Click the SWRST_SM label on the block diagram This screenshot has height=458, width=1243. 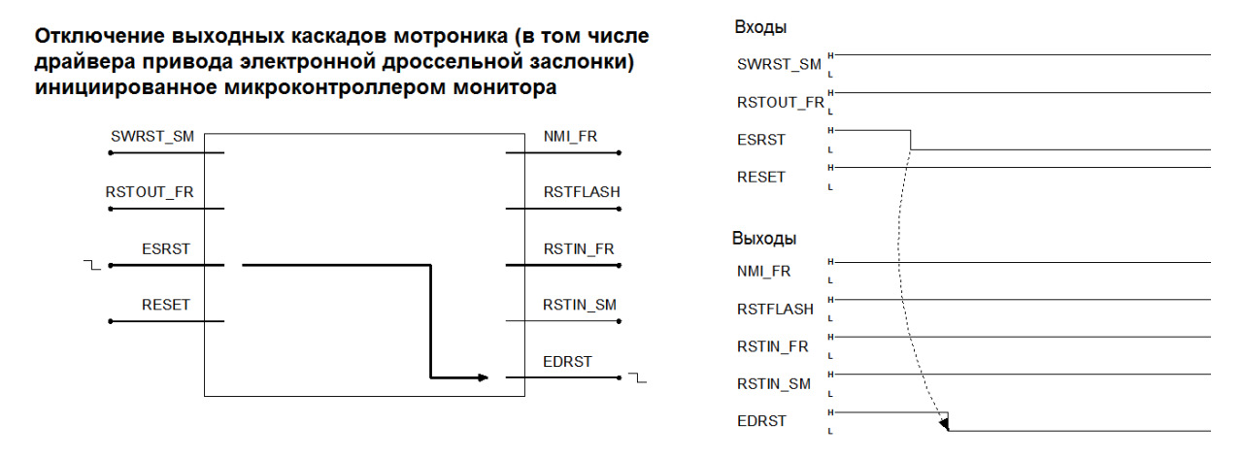click(152, 137)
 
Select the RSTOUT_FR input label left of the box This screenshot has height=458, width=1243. click(150, 192)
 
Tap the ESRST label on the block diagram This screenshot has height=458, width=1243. click(166, 249)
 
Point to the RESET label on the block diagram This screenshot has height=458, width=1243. click(166, 305)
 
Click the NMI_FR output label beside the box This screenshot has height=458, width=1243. click(570, 137)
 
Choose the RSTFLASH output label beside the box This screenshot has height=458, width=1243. click(582, 192)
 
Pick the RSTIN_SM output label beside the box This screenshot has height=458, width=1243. click(580, 305)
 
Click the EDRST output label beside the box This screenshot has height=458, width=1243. click(567, 362)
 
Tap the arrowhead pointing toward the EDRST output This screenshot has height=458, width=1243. click(483, 377)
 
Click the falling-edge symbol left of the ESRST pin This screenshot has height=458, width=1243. click(92, 265)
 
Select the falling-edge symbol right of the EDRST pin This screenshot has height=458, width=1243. click(638, 377)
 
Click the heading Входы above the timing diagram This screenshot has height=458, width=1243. click(760, 27)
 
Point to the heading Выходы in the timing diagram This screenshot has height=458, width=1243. click(764, 239)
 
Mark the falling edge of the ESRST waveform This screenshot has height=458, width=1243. click(911, 140)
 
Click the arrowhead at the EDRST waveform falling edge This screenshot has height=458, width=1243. click(945, 424)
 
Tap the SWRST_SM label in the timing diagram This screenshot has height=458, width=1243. click(779, 65)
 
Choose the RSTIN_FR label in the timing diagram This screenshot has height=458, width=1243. click(772, 346)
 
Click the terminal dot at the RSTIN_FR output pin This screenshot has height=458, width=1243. click(620, 265)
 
